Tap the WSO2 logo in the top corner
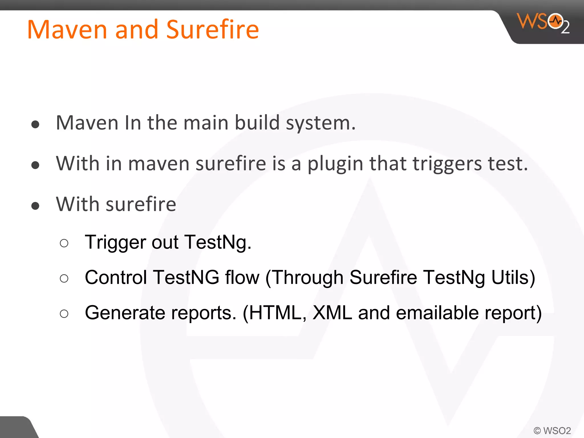(543, 23)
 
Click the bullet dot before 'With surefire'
(35, 206)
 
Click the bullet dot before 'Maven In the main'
(35, 124)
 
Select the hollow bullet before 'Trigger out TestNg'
(64, 243)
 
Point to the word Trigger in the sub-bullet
(115, 243)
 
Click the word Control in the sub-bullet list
(116, 277)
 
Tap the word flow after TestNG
(242, 277)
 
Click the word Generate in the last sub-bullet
(125, 313)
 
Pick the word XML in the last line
(332, 313)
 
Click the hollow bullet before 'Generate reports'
(64, 314)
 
